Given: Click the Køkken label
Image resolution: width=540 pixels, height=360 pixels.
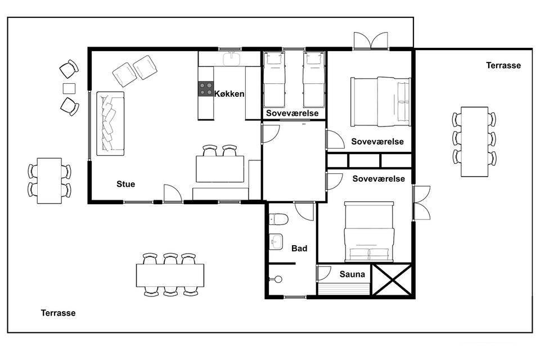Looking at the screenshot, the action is [x=229, y=94].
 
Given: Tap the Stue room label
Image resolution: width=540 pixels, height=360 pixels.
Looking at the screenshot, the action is [x=125, y=184].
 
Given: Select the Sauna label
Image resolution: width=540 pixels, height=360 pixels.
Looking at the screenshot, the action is [x=352, y=274].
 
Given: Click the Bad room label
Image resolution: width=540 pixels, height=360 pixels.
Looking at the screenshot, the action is [x=299, y=249].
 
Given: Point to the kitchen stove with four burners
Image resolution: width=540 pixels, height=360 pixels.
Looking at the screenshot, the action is [x=206, y=88].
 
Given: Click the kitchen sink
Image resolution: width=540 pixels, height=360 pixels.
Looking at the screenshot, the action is [x=233, y=58].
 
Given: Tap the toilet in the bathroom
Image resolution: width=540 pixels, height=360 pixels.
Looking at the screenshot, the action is [x=278, y=219].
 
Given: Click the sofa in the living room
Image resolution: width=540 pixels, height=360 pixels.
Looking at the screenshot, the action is [x=110, y=123].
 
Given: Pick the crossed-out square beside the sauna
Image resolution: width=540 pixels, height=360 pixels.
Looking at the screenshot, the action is [x=392, y=280].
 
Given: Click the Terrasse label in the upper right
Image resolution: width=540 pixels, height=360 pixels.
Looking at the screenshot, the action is [x=503, y=65].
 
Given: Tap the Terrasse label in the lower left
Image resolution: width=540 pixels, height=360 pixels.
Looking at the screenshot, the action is [x=58, y=313].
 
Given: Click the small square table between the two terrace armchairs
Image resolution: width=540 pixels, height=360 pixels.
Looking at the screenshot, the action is [x=69, y=88].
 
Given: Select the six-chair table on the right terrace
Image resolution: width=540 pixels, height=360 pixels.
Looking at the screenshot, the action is [x=475, y=142].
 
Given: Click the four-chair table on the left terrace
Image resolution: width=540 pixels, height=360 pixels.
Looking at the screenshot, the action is [x=49, y=181].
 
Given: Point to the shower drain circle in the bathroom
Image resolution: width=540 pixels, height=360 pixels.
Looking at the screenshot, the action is [x=278, y=279].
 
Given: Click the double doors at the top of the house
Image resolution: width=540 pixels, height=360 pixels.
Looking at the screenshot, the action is [x=371, y=40].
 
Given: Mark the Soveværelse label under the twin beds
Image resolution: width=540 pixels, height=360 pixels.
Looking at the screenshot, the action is [x=292, y=113].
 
